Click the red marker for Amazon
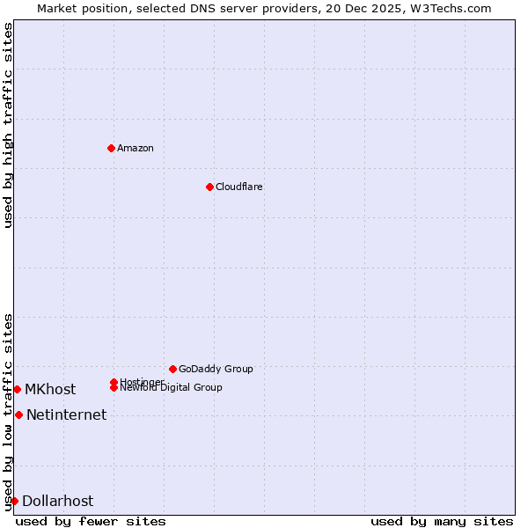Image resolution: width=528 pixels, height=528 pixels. coord(111,148)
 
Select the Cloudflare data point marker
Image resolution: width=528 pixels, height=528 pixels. coord(209,187)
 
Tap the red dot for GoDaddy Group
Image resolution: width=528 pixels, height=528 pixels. coord(172,369)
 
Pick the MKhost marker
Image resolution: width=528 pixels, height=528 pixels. coord(17,389)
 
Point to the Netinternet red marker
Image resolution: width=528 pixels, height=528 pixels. coord(18,414)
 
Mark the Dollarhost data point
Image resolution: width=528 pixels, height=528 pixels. coord(14,501)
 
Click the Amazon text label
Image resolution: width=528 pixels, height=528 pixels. coord(136,148)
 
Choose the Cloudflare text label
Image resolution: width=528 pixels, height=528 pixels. coord(239,187)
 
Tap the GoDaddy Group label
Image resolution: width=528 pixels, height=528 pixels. coord(216,369)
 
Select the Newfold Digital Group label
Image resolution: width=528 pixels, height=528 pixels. coord(171,387)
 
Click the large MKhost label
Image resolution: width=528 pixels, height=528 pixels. coord(50,389)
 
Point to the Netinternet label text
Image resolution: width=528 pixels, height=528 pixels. coord(66,414)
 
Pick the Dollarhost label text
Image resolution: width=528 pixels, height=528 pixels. coord(57,501)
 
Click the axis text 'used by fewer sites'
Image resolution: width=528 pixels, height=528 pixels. coord(91,521)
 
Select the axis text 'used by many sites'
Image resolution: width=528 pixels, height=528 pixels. coord(442,521)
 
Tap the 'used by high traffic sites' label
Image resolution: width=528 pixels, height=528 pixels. coord(8,125)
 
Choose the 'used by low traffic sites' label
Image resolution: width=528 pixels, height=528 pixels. coord(8,412)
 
